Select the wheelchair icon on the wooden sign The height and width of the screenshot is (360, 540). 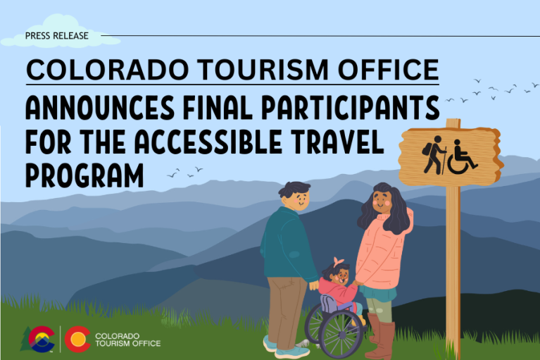click(x=463, y=156)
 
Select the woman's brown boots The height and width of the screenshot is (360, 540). click(x=380, y=338)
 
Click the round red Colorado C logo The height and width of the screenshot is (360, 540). click(x=77, y=339)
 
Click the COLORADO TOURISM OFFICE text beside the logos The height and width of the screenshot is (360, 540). click(x=127, y=340)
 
